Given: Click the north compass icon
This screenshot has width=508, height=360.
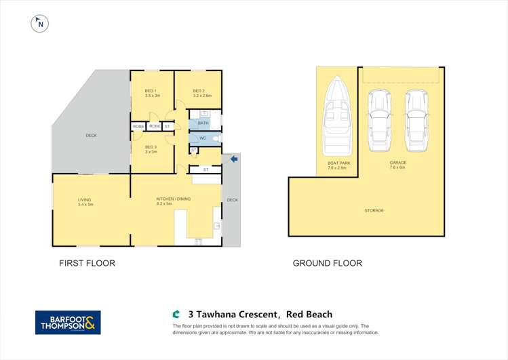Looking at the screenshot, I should pyautogui.click(x=40, y=24).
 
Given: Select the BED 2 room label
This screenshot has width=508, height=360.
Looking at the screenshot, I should pyautogui.click(x=198, y=91).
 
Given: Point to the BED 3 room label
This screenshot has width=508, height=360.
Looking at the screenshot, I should pyautogui.click(x=151, y=147).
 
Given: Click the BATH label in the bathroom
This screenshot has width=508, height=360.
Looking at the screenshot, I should pyautogui.click(x=203, y=123).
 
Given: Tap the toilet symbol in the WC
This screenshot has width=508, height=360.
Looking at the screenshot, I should pyautogui.click(x=215, y=138).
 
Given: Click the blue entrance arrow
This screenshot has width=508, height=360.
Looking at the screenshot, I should pyautogui.click(x=234, y=159).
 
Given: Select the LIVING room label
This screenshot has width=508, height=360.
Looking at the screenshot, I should pyautogui.click(x=84, y=199).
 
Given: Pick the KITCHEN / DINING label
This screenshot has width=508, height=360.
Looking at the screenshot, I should pyautogui.click(x=174, y=199).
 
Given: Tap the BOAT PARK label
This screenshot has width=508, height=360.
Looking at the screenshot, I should pyautogui.click(x=336, y=163).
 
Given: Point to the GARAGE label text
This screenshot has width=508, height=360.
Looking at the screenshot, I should pyautogui.click(x=397, y=163).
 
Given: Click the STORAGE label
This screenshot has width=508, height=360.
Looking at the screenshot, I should pyautogui.click(x=374, y=210).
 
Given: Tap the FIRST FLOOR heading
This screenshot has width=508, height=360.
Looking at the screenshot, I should pyautogui.click(x=87, y=263).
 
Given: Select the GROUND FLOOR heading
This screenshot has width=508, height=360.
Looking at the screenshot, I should pyautogui.click(x=327, y=263).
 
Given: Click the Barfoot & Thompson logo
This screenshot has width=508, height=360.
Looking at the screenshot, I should pyautogui.click(x=68, y=322).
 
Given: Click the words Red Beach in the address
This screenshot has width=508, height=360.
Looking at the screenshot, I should pyautogui.click(x=309, y=315).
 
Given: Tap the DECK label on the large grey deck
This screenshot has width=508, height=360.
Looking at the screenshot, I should pyautogui.click(x=91, y=136).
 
